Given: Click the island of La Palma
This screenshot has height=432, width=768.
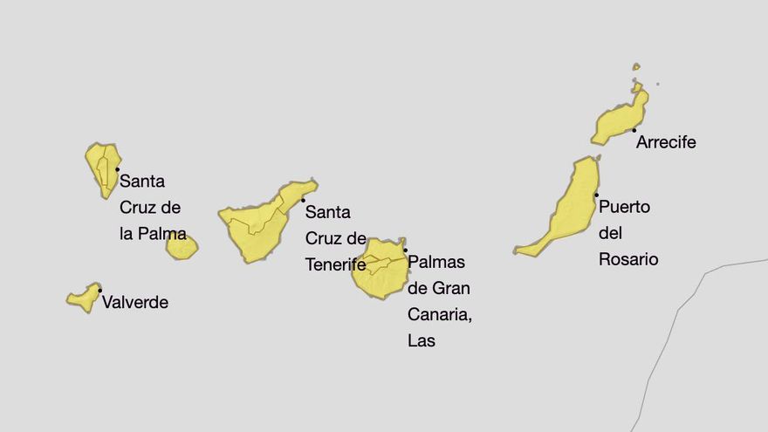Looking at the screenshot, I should [103, 168].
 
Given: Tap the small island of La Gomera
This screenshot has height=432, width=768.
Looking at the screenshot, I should [182, 247].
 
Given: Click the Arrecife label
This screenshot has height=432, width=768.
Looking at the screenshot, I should [666, 142].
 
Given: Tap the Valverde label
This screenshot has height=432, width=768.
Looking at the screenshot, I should [135, 303].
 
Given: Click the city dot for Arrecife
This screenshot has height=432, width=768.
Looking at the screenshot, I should [634, 131].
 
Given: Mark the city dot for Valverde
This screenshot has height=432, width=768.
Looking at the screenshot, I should [100, 291].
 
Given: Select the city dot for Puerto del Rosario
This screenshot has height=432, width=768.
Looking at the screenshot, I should [597, 195].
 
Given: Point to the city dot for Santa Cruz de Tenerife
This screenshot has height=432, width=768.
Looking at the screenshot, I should [303, 201].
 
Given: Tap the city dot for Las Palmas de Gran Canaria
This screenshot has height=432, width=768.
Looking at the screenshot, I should [405, 250].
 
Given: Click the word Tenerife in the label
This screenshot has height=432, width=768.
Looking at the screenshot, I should [336, 264].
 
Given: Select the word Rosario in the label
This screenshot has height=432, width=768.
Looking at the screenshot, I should [628, 259].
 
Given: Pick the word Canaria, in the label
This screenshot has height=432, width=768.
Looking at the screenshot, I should [440, 313].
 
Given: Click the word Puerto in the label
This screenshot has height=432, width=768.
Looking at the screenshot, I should [624, 208].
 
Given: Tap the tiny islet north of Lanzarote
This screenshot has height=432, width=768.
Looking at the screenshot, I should [636, 66].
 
